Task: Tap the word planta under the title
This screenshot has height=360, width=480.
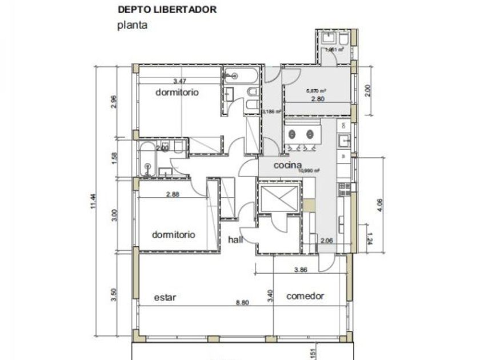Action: (x=133, y=25)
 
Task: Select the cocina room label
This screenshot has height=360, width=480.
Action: (x=287, y=165)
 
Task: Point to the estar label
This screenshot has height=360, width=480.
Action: (x=165, y=297)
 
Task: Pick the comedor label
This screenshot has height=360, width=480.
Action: (x=305, y=296)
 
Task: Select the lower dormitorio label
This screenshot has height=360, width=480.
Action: (x=174, y=234)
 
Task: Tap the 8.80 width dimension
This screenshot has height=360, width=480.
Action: (x=242, y=302)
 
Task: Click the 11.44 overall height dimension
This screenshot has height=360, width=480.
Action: (x=93, y=202)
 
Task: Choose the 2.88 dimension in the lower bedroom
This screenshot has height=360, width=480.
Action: (x=173, y=194)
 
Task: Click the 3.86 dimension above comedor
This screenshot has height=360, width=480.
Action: (x=301, y=269)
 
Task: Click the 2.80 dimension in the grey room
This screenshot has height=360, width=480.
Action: (x=318, y=99)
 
